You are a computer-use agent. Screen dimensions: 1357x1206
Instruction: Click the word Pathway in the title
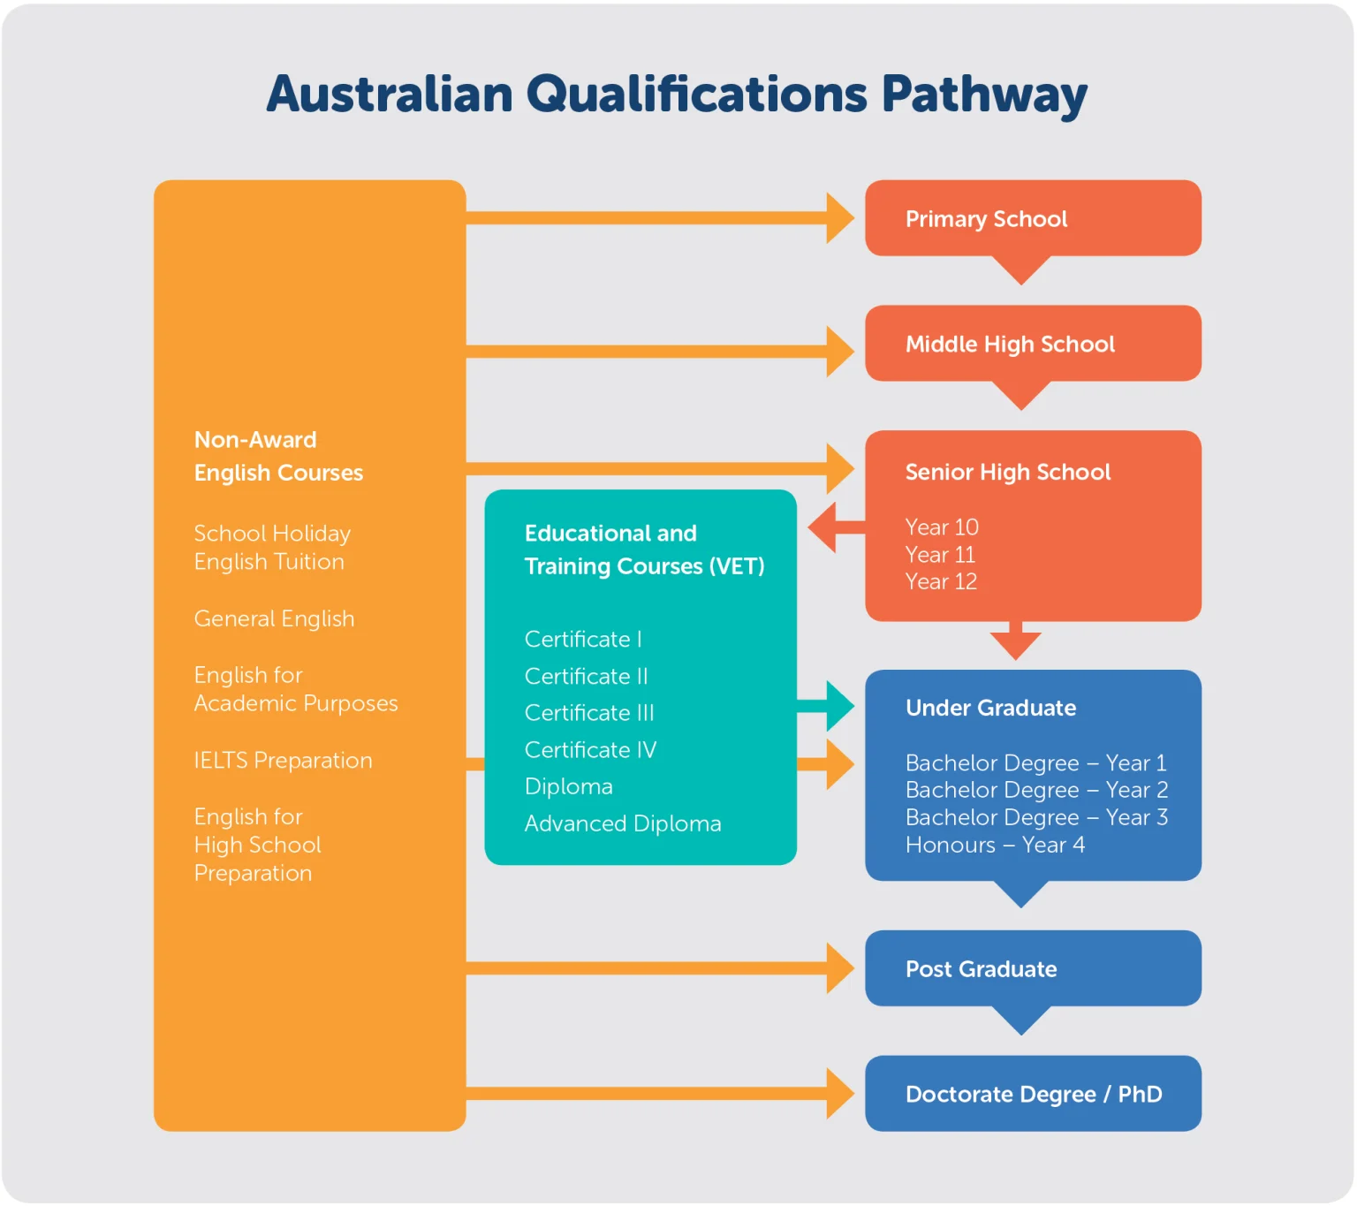(983, 95)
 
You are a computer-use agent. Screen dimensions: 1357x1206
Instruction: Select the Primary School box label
(986, 219)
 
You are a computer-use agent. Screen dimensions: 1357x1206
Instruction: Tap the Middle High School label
(1010, 345)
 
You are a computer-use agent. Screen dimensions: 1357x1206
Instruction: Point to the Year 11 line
(940, 554)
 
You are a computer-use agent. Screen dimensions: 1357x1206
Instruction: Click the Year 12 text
(941, 581)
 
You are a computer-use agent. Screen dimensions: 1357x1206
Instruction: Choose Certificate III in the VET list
(589, 712)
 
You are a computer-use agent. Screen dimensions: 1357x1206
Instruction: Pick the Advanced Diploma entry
(623, 823)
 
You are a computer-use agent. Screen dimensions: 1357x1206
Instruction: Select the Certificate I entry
(583, 639)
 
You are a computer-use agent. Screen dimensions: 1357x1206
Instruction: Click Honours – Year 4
(995, 845)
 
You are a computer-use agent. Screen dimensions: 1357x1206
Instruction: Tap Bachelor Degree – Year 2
(1036, 790)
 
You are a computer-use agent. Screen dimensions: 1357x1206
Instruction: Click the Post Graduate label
(982, 969)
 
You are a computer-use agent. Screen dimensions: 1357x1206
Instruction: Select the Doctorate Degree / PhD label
(1034, 1094)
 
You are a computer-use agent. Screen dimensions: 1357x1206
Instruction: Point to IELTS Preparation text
(284, 761)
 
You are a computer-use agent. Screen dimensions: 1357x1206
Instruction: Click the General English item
(274, 618)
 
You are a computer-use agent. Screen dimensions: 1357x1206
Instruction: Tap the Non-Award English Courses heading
(278, 456)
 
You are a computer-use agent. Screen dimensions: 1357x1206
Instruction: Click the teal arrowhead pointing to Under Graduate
(840, 706)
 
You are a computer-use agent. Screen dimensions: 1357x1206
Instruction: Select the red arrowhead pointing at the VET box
(822, 527)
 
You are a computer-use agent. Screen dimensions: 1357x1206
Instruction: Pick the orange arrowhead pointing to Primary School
(840, 218)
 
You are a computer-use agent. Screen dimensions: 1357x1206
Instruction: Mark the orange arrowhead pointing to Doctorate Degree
(840, 1094)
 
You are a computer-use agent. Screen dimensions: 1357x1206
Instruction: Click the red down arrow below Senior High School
(1015, 641)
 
